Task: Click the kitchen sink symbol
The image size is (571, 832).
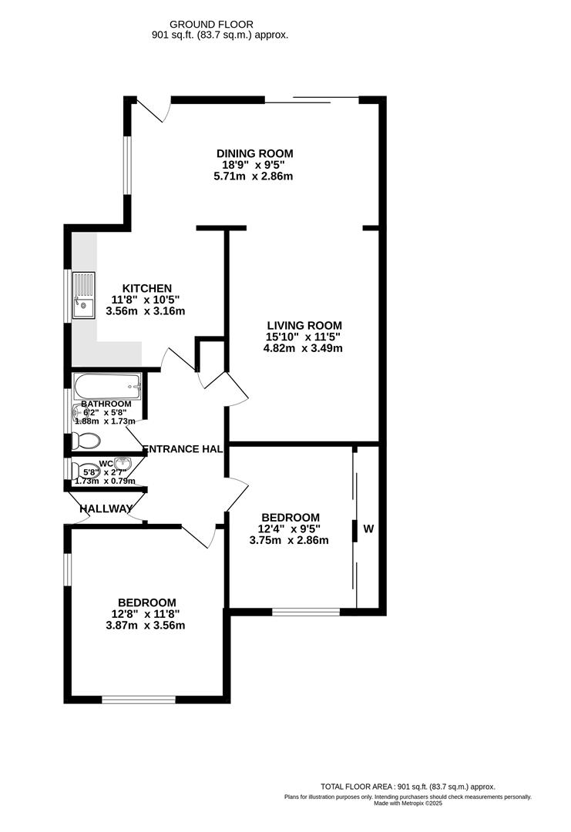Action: pyautogui.click(x=82, y=294)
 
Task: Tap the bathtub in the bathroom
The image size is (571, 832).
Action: pyautogui.click(x=107, y=385)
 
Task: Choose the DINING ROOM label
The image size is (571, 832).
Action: pyautogui.click(x=254, y=153)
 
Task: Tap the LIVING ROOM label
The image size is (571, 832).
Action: pyautogui.click(x=303, y=325)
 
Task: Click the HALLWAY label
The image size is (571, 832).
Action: pyautogui.click(x=106, y=508)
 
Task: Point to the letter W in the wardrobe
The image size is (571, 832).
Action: pyautogui.click(x=368, y=529)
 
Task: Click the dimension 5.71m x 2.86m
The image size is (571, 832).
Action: pyautogui.click(x=254, y=176)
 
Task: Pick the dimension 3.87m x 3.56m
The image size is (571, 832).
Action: pyautogui.click(x=147, y=626)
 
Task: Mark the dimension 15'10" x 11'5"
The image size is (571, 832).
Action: pyautogui.click(x=303, y=337)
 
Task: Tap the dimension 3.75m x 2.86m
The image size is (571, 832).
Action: pyautogui.click(x=289, y=540)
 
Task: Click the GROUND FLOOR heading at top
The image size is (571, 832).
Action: pyautogui.click(x=222, y=25)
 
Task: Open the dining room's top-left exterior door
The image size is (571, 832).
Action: pyautogui.click(x=151, y=110)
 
